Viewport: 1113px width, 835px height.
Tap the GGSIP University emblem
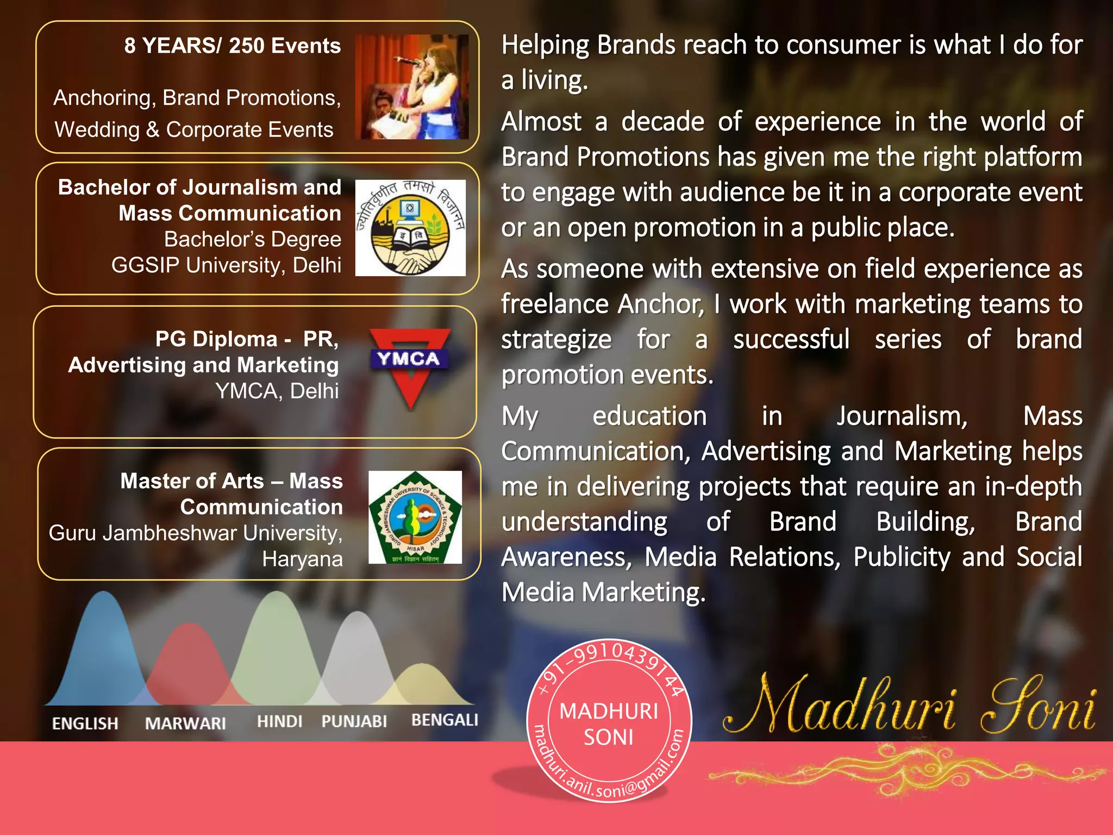pos(410,228)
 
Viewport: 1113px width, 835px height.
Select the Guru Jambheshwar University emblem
pos(415,517)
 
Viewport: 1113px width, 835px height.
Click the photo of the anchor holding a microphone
pos(412,87)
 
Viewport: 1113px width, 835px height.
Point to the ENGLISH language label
pos(85,724)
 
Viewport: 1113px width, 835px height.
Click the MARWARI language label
pos(185,724)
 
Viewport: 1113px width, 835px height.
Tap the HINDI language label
pos(279,721)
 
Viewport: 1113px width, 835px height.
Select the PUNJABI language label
pos(354,721)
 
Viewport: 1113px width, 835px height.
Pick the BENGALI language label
pos(445,720)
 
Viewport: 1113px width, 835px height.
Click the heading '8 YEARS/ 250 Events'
pos(232,46)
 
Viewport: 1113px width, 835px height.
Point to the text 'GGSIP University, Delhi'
pos(226,265)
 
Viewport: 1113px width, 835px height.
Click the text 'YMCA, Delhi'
pos(277,391)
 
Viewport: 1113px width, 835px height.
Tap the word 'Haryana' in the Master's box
pos(302,559)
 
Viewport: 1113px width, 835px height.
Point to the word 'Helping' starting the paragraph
pos(545,45)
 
